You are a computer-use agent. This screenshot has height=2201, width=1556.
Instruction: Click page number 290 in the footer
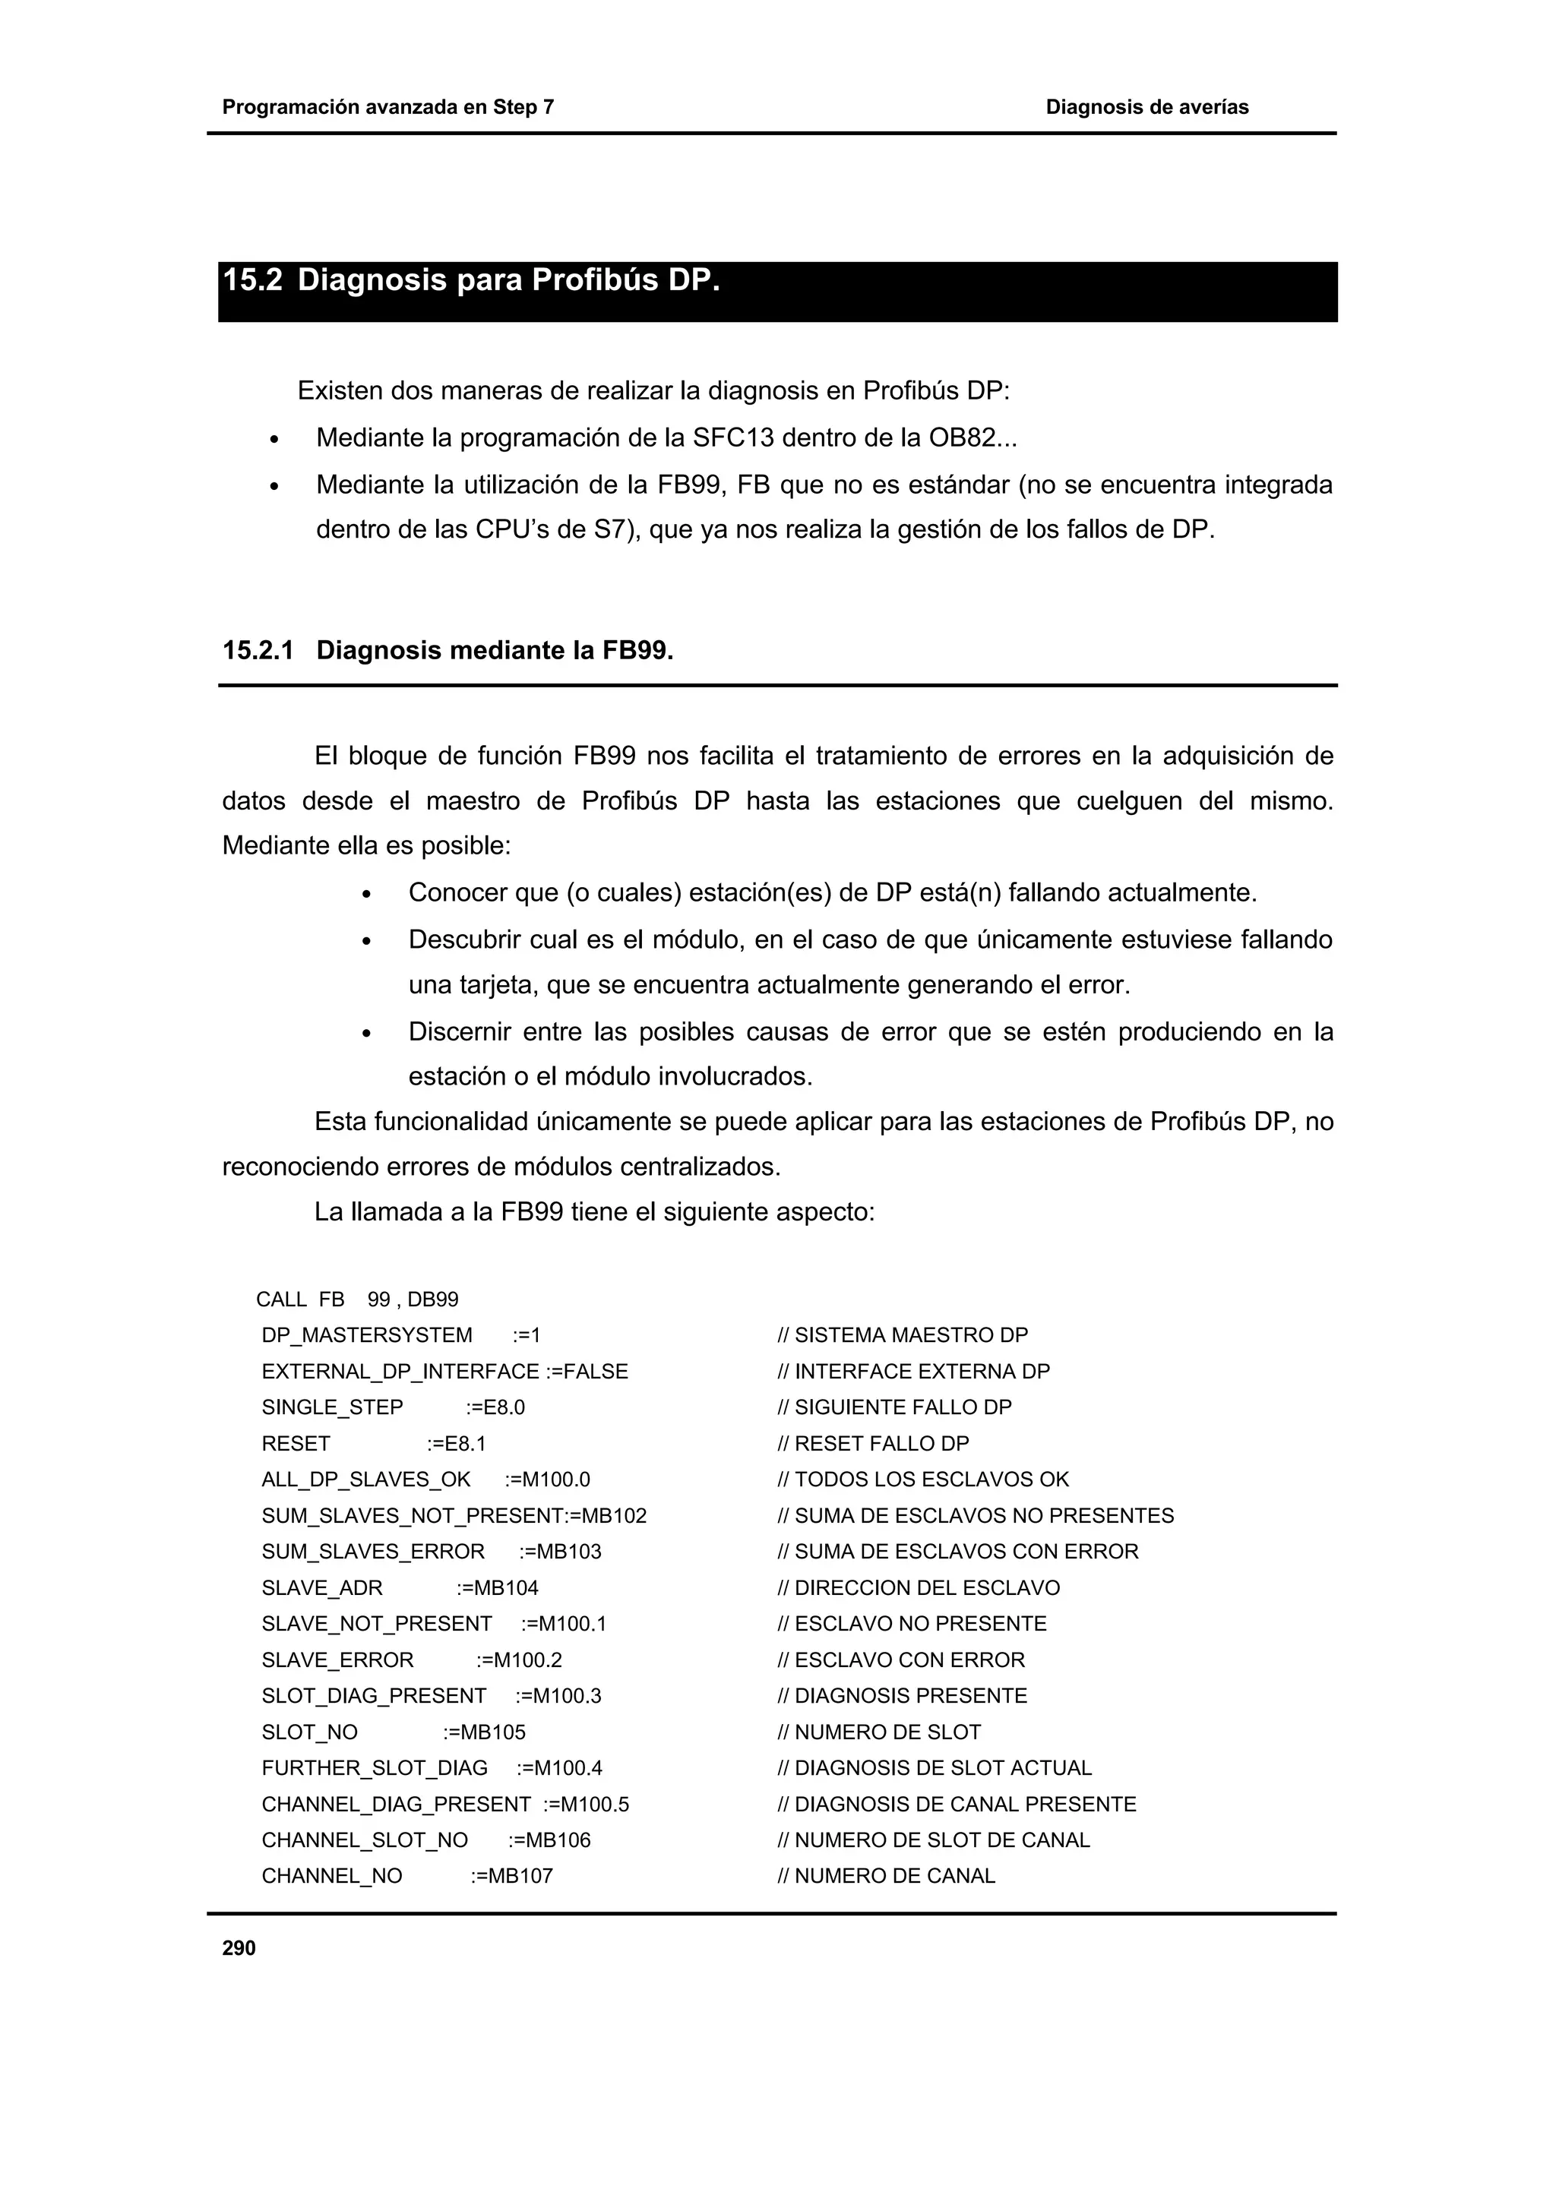pyautogui.click(x=239, y=1948)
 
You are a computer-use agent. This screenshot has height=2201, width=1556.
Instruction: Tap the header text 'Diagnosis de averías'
pyautogui.click(x=1146, y=107)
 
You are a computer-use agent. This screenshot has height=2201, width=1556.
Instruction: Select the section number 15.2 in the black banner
pyautogui.click(x=252, y=281)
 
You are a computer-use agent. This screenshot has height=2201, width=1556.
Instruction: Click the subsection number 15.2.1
pyautogui.click(x=257, y=651)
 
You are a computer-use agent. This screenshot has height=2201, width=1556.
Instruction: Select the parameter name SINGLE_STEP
pyautogui.click(x=332, y=1407)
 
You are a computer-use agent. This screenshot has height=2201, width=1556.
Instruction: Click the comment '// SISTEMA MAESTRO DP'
pyautogui.click(x=902, y=1335)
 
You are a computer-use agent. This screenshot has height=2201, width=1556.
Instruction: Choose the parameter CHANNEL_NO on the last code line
pyautogui.click(x=332, y=1876)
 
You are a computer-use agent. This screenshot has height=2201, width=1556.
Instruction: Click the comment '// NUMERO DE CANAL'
pyautogui.click(x=886, y=1876)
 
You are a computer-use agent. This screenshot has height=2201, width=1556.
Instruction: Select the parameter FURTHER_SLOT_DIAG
pyautogui.click(x=374, y=1767)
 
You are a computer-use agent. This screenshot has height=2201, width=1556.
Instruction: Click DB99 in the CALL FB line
pyautogui.click(x=432, y=1300)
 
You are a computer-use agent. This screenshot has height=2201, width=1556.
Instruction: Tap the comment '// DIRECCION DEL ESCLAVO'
pyautogui.click(x=919, y=1587)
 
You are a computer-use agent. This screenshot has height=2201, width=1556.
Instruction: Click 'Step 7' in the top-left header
pyautogui.click(x=523, y=107)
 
